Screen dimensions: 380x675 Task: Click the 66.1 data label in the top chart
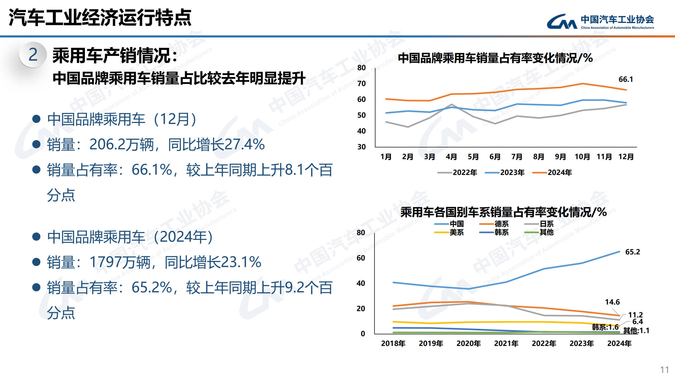point(625,79)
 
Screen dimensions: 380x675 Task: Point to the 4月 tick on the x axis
point(451,157)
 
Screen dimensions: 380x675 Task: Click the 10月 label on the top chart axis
point(582,157)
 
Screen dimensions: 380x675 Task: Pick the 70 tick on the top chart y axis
point(361,84)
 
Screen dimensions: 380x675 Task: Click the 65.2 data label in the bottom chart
point(632,252)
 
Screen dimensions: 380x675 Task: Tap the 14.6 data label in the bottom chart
point(612,302)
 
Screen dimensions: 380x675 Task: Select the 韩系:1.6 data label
point(605,327)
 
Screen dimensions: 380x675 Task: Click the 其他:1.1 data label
point(636,331)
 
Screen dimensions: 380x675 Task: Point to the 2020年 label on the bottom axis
point(469,344)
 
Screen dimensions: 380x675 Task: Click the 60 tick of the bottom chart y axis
point(361,258)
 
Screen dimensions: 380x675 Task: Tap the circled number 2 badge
point(33,55)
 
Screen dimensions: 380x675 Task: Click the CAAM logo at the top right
point(600,22)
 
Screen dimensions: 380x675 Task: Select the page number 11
point(664,370)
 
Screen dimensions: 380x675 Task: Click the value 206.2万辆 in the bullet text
point(121,145)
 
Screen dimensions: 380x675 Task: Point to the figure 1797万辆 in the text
point(120,262)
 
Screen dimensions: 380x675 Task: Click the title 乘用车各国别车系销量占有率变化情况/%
point(503,212)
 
